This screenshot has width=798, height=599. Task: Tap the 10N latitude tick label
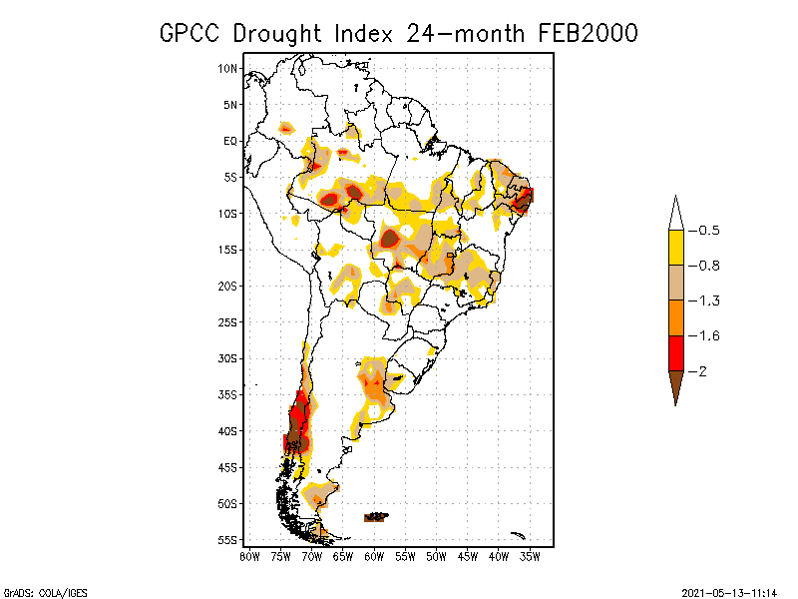coord(228,68)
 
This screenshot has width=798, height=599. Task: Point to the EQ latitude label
coord(229,141)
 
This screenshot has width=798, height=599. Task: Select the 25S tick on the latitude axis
coord(228,321)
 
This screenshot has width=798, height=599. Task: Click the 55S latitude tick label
coord(228,540)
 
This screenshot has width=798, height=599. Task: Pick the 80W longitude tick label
coord(249,555)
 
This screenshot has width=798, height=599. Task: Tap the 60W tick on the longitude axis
coord(374,555)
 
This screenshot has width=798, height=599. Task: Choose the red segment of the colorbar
coord(675,352)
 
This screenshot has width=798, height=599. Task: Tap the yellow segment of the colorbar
coord(675,248)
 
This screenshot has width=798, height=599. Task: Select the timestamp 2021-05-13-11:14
coord(729,592)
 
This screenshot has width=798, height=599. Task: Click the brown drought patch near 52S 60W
coord(376,516)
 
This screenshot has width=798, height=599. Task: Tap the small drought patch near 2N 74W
coord(286,127)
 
